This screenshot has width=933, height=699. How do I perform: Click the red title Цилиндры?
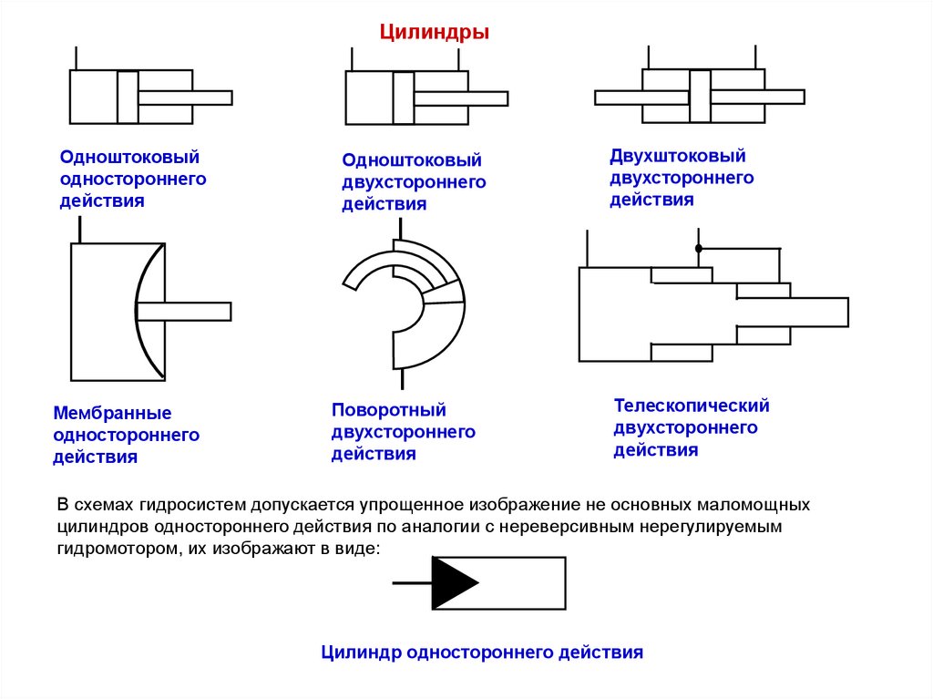[x=435, y=33]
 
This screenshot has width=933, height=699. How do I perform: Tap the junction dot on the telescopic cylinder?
[x=699, y=248]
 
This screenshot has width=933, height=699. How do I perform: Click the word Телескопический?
[x=692, y=405]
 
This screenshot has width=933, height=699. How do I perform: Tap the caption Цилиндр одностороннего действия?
[x=482, y=653]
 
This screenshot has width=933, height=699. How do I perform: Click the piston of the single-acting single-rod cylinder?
[x=128, y=97]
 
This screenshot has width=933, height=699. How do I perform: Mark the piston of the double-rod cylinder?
[x=700, y=96]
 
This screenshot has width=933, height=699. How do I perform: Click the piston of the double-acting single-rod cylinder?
[x=404, y=98]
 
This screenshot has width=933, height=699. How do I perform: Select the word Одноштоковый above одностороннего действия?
[x=129, y=158]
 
